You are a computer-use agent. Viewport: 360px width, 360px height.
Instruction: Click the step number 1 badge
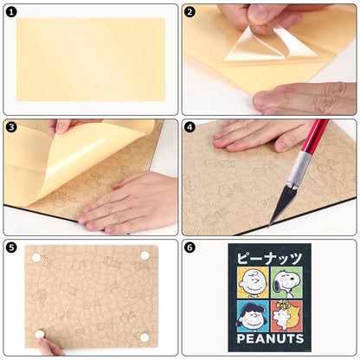tap(11, 12)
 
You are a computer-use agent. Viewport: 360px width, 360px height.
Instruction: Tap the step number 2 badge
tap(190, 12)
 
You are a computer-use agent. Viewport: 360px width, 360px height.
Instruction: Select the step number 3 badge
tap(11, 127)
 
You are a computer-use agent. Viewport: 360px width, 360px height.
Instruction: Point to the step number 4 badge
tap(190, 127)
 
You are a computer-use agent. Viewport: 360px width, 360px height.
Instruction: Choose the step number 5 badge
tap(11, 247)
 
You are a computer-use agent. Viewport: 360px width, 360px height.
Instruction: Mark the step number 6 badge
tap(190, 247)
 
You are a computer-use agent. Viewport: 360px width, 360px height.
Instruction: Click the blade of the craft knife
tap(279, 205)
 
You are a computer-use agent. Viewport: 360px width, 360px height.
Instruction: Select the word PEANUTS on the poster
tap(270, 338)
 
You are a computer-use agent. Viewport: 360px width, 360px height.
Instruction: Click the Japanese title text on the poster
tap(269, 258)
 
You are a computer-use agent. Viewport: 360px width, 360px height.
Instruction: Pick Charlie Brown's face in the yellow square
tap(253, 282)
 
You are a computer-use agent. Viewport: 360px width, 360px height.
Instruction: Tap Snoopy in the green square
tap(286, 282)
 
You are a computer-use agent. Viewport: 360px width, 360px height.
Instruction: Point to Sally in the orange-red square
tap(286, 316)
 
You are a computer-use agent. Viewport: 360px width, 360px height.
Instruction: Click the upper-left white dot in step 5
tap(36, 258)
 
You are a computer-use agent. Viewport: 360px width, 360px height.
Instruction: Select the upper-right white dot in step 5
tap(145, 255)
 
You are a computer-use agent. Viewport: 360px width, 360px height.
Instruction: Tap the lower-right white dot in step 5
tap(145, 337)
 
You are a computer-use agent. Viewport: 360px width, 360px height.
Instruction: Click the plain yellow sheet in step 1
tap(91, 60)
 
